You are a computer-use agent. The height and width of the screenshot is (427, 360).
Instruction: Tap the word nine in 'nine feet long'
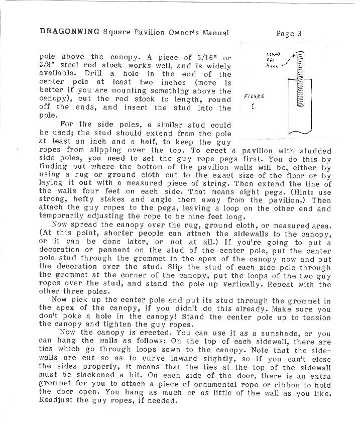pyautogui.click(x=209, y=218)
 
